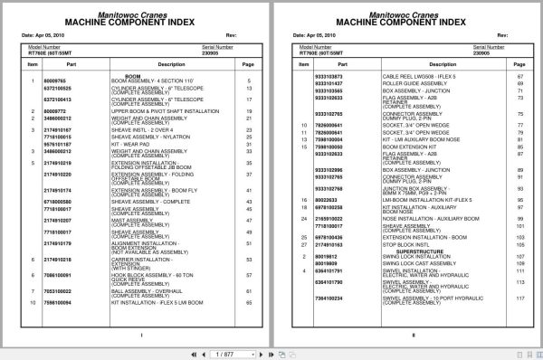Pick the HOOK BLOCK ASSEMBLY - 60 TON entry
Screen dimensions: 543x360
pos(148,273)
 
